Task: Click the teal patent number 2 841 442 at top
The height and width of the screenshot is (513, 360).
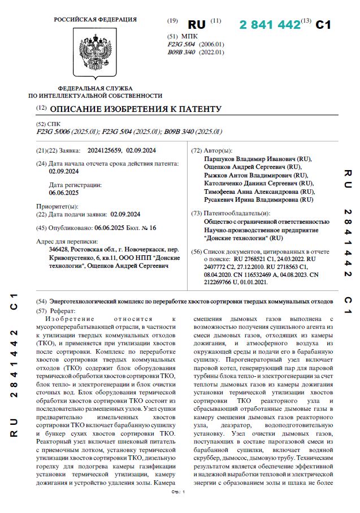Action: tap(270, 25)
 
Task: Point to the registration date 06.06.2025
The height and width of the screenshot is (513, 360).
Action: tap(64, 193)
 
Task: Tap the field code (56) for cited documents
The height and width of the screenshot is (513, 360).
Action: tap(196, 251)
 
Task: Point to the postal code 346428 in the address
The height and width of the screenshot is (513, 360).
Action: tap(59, 249)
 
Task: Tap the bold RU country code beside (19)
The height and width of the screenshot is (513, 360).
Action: tap(197, 25)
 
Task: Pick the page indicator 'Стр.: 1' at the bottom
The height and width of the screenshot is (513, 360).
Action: tap(178, 492)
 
